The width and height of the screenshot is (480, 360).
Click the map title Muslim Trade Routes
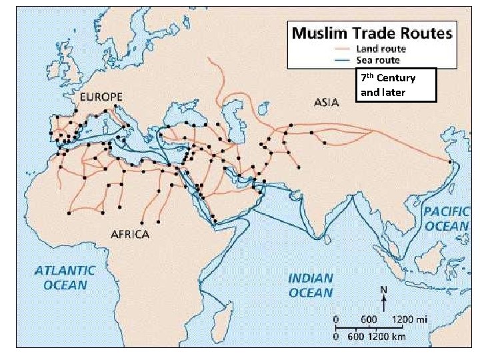click(371, 32)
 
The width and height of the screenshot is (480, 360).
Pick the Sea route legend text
click(377, 60)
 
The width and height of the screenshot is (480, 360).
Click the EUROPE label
click(101, 97)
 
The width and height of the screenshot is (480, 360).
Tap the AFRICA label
click(130, 234)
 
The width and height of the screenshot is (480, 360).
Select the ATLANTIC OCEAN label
click(65, 278)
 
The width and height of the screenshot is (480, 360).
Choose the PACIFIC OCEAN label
click(446, 219)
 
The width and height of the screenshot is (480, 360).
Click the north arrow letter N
click(383, 289)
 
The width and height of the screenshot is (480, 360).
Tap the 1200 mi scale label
click(411, 319)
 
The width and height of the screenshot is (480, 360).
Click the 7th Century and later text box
click(396, 85)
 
